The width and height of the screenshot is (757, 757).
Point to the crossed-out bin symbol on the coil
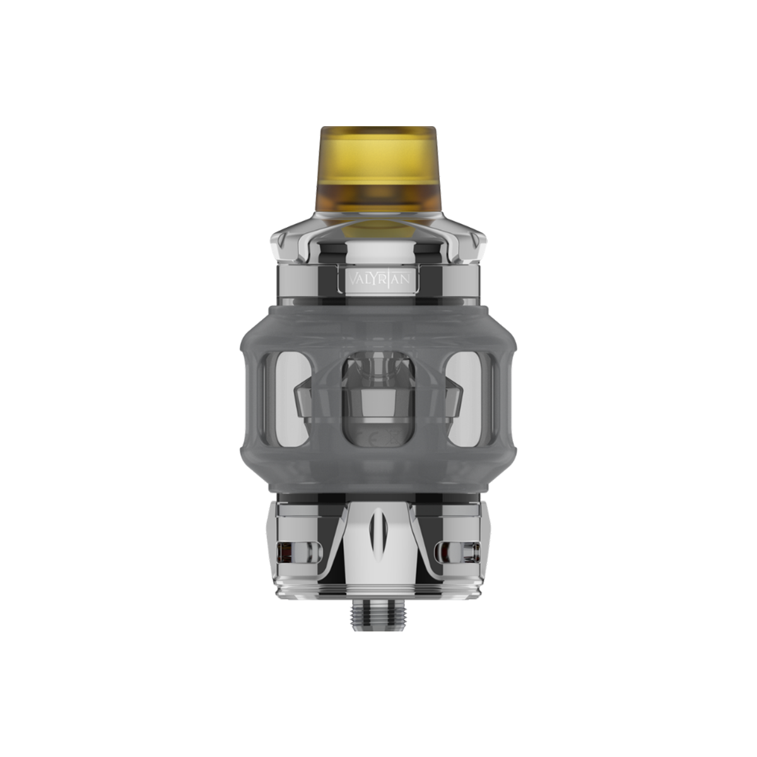click(x=394, y=437)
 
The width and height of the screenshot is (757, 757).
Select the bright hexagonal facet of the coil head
click(x=378, y=407)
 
